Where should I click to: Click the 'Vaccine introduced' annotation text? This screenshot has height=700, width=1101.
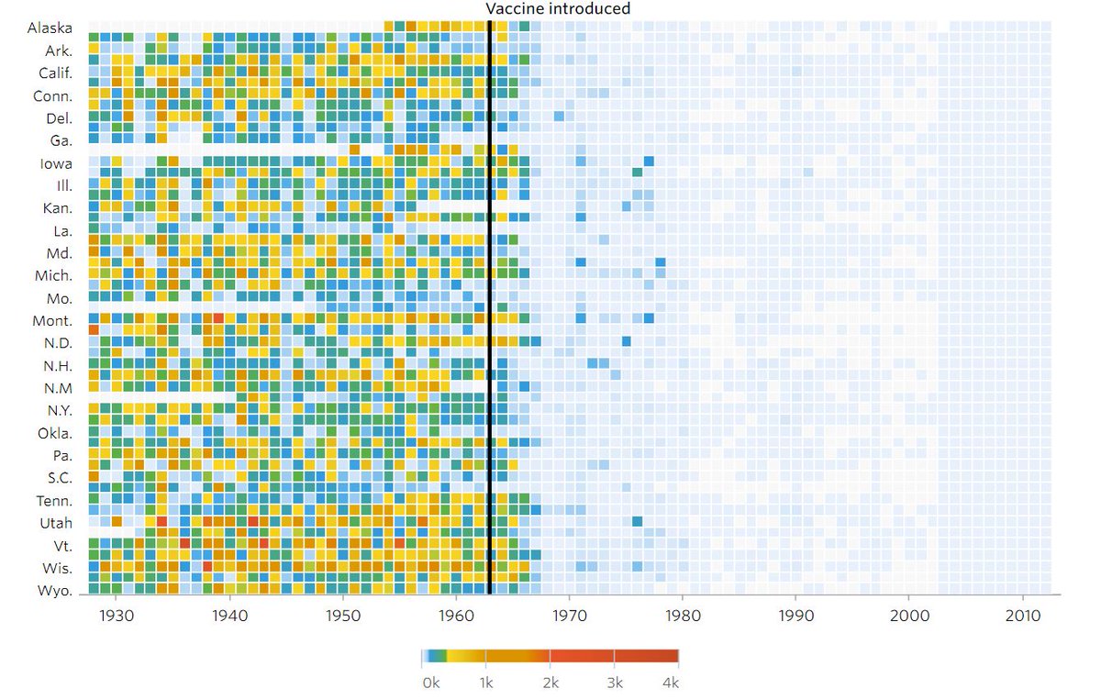coord(558,9)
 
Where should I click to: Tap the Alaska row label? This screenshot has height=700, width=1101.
coord(50,28)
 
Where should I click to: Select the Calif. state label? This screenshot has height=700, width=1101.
coord(55,72)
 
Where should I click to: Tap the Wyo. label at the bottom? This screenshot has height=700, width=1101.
coord(55,590)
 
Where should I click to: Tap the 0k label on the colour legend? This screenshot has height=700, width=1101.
coord(430,683)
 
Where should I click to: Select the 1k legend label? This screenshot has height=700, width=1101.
coord(487,683)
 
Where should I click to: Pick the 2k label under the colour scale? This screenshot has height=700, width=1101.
coord(550,683)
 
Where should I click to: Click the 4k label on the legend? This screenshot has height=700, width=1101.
coord(671,683)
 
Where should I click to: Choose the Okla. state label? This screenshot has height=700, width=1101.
coord(54,432)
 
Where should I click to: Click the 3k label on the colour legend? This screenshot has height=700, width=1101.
coord(615,683)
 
